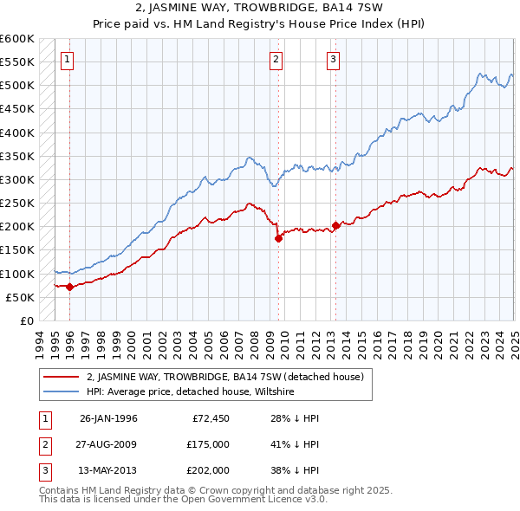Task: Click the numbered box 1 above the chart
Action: tap(68, 60)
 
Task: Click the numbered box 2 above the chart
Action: tap(276, 60)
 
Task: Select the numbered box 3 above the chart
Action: tap(334, 60)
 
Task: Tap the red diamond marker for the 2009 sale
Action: tap(278, 238)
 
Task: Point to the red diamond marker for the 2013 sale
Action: tap(335, 225)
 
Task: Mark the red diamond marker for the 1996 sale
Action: tap(69, 287)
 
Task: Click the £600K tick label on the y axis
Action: tap(17, 39)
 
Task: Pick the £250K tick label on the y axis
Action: tap(17, 204)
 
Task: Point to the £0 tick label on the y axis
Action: tap(26, 320)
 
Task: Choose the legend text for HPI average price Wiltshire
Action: tap(191, 391)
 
